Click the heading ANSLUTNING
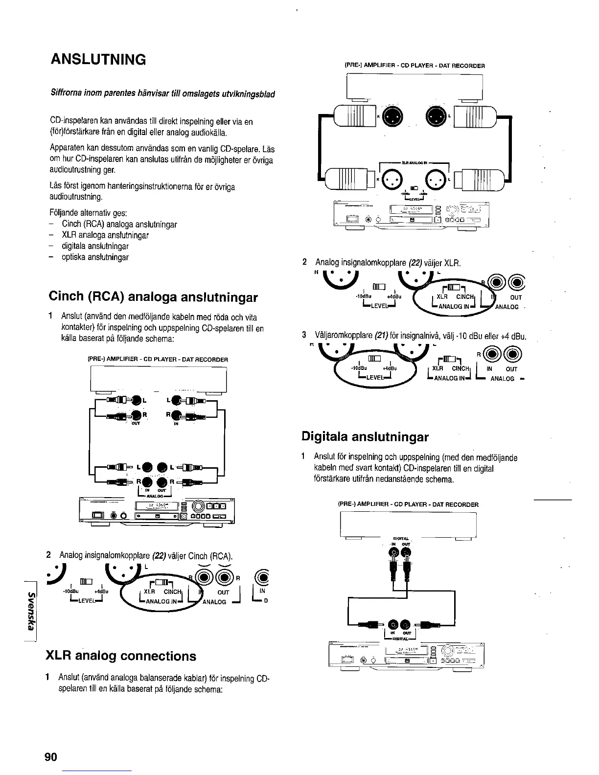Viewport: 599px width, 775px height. pos(98,60)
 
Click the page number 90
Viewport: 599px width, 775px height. pos(51,757)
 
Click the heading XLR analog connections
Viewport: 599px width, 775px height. pos(120,656)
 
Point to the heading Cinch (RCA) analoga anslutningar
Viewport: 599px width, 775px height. pos(153,297)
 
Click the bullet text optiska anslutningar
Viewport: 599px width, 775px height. pos(95,257)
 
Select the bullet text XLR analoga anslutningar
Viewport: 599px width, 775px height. pos(105,235)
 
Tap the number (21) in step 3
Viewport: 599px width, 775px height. pos(381,336)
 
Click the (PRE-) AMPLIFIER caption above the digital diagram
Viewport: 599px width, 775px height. pos(408,504)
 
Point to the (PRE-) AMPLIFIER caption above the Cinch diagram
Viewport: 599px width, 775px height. pos(158,360)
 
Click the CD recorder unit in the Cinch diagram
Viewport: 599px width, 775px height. pos(157,511)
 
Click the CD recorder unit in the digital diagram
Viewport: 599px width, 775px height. pos(407,656)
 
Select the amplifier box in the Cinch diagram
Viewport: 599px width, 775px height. pos(158,379)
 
